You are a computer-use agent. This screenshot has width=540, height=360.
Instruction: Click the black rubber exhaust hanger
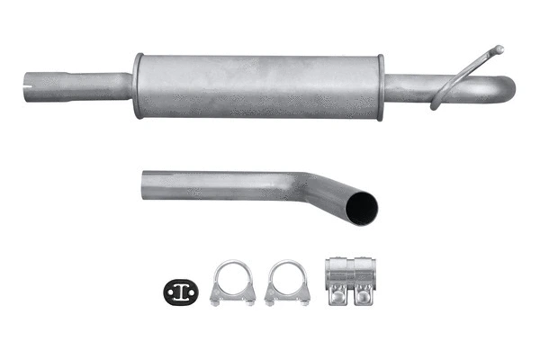(x=181, y=289)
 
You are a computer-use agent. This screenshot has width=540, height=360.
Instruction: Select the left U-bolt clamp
(x=232, y=283)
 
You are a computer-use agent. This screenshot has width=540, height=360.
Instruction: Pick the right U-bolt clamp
(x=288, y=283)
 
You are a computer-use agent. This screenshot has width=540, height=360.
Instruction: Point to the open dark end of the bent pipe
(x=363, y=208)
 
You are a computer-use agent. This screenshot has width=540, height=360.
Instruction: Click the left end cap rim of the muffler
(x=138, y=86)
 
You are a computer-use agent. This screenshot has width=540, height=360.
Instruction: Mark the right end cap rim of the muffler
(x=381, y=86)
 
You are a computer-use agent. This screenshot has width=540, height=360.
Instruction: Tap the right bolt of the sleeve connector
(x=364, y=292)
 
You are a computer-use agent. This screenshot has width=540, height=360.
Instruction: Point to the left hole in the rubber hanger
(x=171, y=289)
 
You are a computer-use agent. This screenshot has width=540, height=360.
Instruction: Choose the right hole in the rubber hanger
(x=191, y=289)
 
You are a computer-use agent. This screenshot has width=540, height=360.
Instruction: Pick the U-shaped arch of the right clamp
(x=288, y=269)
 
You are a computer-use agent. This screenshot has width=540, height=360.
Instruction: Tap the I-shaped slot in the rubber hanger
(x=181, y=289)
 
